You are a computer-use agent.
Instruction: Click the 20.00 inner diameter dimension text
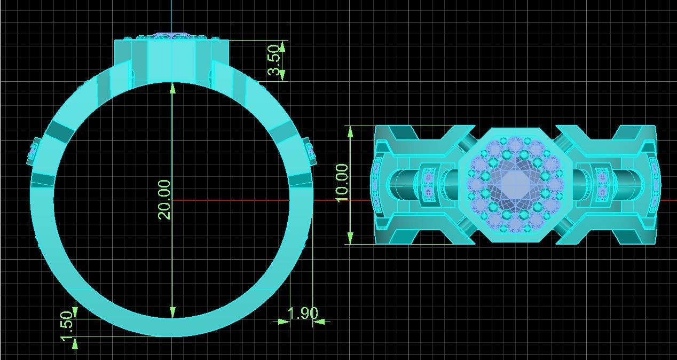pos(164,199)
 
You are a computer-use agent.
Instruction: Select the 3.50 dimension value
pos(273,60)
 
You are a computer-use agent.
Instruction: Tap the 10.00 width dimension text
pos(342,182)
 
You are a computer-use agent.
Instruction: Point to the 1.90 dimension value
pos(303,314)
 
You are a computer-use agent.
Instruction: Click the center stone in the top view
pos(515,184)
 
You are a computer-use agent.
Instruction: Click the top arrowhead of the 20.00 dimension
pos(172,88)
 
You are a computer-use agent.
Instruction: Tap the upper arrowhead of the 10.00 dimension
pos(350,131)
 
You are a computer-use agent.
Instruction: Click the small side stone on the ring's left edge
pos(33,151)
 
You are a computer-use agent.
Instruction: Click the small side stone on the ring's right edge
pos(309,151)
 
